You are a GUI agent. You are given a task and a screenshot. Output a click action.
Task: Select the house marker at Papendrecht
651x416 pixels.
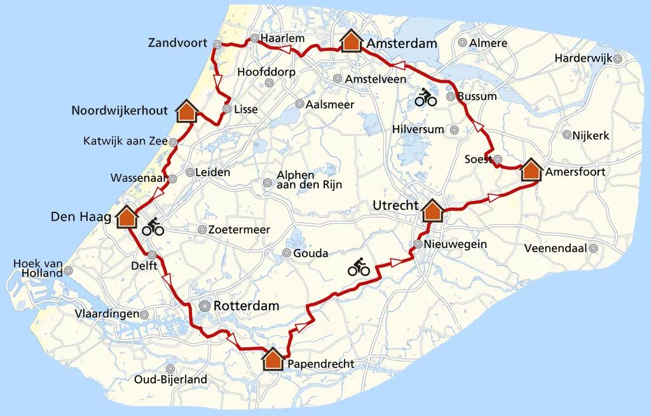click(274, 359)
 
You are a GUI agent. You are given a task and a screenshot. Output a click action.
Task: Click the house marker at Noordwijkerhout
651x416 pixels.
click(186, 111)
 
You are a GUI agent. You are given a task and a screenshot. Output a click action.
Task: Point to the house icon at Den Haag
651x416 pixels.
click(127, 217)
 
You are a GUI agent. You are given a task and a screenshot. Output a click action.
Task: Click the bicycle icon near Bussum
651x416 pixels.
click(425, 98)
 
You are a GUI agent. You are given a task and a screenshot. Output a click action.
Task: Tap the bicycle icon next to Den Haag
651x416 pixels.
click(153, 226)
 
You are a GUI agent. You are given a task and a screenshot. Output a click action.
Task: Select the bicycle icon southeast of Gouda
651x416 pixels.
click(359, 268)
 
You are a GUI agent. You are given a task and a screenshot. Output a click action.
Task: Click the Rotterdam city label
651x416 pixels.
click(246, 306)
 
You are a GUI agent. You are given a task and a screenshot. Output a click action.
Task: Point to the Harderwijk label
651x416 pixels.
click(582, 58)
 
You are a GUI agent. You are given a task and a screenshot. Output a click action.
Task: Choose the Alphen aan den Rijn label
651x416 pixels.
click(310, 180)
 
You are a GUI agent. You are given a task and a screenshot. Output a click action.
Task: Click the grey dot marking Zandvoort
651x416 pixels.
click(217, 45)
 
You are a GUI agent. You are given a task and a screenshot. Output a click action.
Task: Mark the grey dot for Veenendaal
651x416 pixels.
click(594, 249)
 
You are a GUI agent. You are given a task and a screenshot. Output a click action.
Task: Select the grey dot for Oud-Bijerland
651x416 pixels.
click(170, 368)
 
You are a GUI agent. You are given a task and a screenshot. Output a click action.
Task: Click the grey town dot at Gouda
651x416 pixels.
click(287, 254)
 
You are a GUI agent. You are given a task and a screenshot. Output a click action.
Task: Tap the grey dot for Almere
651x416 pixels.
click(463, 43)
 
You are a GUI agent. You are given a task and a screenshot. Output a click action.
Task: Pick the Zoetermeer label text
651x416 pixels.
click(243, 230)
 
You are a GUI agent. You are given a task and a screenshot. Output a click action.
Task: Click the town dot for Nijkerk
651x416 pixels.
click(566, 135)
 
